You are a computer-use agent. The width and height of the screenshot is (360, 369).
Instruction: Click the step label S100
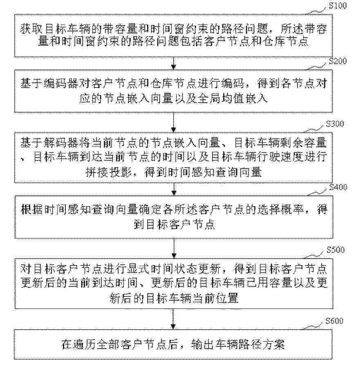coord(338,6)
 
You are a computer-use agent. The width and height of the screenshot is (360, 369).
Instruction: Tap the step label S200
coord(338,61)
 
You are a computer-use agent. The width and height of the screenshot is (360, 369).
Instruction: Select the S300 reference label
coord(335,124)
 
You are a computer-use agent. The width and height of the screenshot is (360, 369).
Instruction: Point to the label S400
coord(338,187)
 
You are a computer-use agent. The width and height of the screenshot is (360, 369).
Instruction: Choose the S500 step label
coord(335,250)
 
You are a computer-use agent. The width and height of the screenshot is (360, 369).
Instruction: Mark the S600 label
coord(334,321)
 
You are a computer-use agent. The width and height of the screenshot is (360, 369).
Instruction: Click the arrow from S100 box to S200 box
coord(174,63)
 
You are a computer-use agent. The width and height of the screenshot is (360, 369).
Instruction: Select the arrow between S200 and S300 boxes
coord(174,122)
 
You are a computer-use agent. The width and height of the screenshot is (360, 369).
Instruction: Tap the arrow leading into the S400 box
coord(174,189)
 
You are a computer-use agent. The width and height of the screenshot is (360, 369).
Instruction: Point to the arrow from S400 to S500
coord(174,248)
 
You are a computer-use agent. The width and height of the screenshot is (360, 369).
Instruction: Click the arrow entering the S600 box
coord(173,319)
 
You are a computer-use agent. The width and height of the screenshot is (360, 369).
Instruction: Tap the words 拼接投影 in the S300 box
coord(108,173)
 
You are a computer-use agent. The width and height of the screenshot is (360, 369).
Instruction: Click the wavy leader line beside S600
coord(312,326)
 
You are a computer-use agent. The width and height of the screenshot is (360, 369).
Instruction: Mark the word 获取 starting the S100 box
coord(31,29)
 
